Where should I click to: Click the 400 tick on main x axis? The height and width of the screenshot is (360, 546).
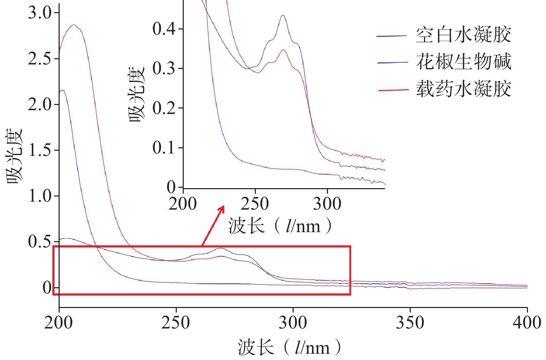(527, 322)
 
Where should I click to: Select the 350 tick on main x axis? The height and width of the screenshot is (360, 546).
(410, 322)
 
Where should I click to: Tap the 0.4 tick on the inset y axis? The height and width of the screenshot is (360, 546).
(164, 29)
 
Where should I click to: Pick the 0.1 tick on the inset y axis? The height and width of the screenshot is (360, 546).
(164, 148)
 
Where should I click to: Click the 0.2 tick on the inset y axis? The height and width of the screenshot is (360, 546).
(164, 108)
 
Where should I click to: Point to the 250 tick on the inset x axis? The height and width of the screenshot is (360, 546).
(255, 203)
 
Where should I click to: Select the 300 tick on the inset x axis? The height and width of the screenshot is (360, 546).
(327, 203)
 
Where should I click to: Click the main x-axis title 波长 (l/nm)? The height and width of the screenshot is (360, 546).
(289, 348)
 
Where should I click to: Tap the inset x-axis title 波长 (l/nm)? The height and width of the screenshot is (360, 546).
(280, 226)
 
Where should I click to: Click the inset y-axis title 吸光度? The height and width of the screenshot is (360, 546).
(137, 94)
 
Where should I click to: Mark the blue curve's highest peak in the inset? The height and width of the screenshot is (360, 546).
(283, 15)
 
